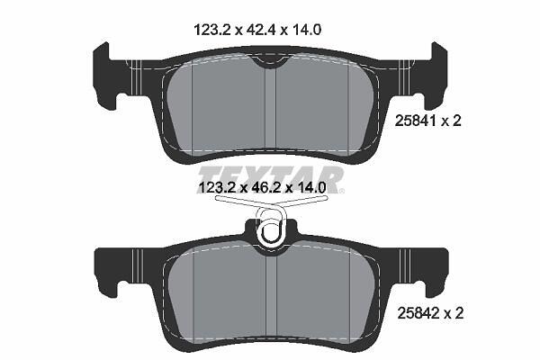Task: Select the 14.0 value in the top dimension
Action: pyautogui.click(x=307, y=30)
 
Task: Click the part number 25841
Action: pyautogui.click(x=415, y=121)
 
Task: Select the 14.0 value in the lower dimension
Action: pyautogui.click(x=310, y=188)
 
